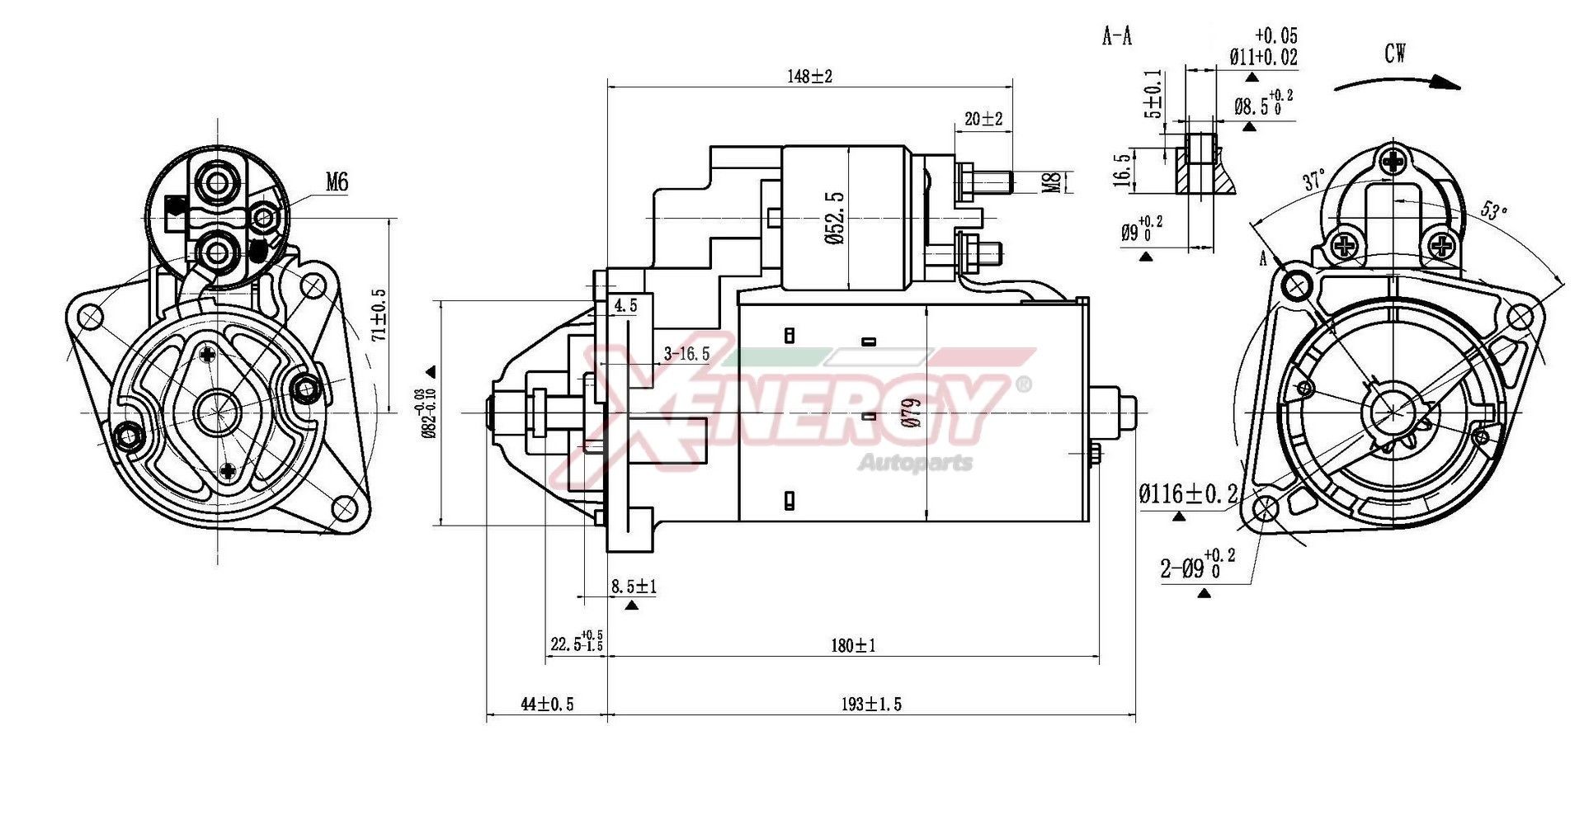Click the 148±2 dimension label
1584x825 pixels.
tap(809, 77)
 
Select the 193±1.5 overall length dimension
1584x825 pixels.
tap(871, 704)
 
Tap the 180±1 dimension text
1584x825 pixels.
tap(853, 645)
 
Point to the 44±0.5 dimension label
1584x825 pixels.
tap(547, 704)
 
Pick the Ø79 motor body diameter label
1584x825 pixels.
tap(911, 412)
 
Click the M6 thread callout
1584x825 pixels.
tap(337, 182)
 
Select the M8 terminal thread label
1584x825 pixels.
tap(1052, 182)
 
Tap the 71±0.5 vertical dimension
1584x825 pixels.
tap(379, 314)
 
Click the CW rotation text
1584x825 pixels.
tap(1395, 54)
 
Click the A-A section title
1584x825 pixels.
tap(1117, 36)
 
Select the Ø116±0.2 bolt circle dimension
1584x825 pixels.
tap(1188, 494)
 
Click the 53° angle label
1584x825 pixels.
tap(1492, 210)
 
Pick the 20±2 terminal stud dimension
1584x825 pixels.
tap(983, 119)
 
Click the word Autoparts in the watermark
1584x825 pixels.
tap(916, 463)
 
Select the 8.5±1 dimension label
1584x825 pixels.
tap(633, 587)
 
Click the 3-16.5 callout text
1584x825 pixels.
tap(686, 354)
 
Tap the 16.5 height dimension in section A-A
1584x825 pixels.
tap(1122, 170)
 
